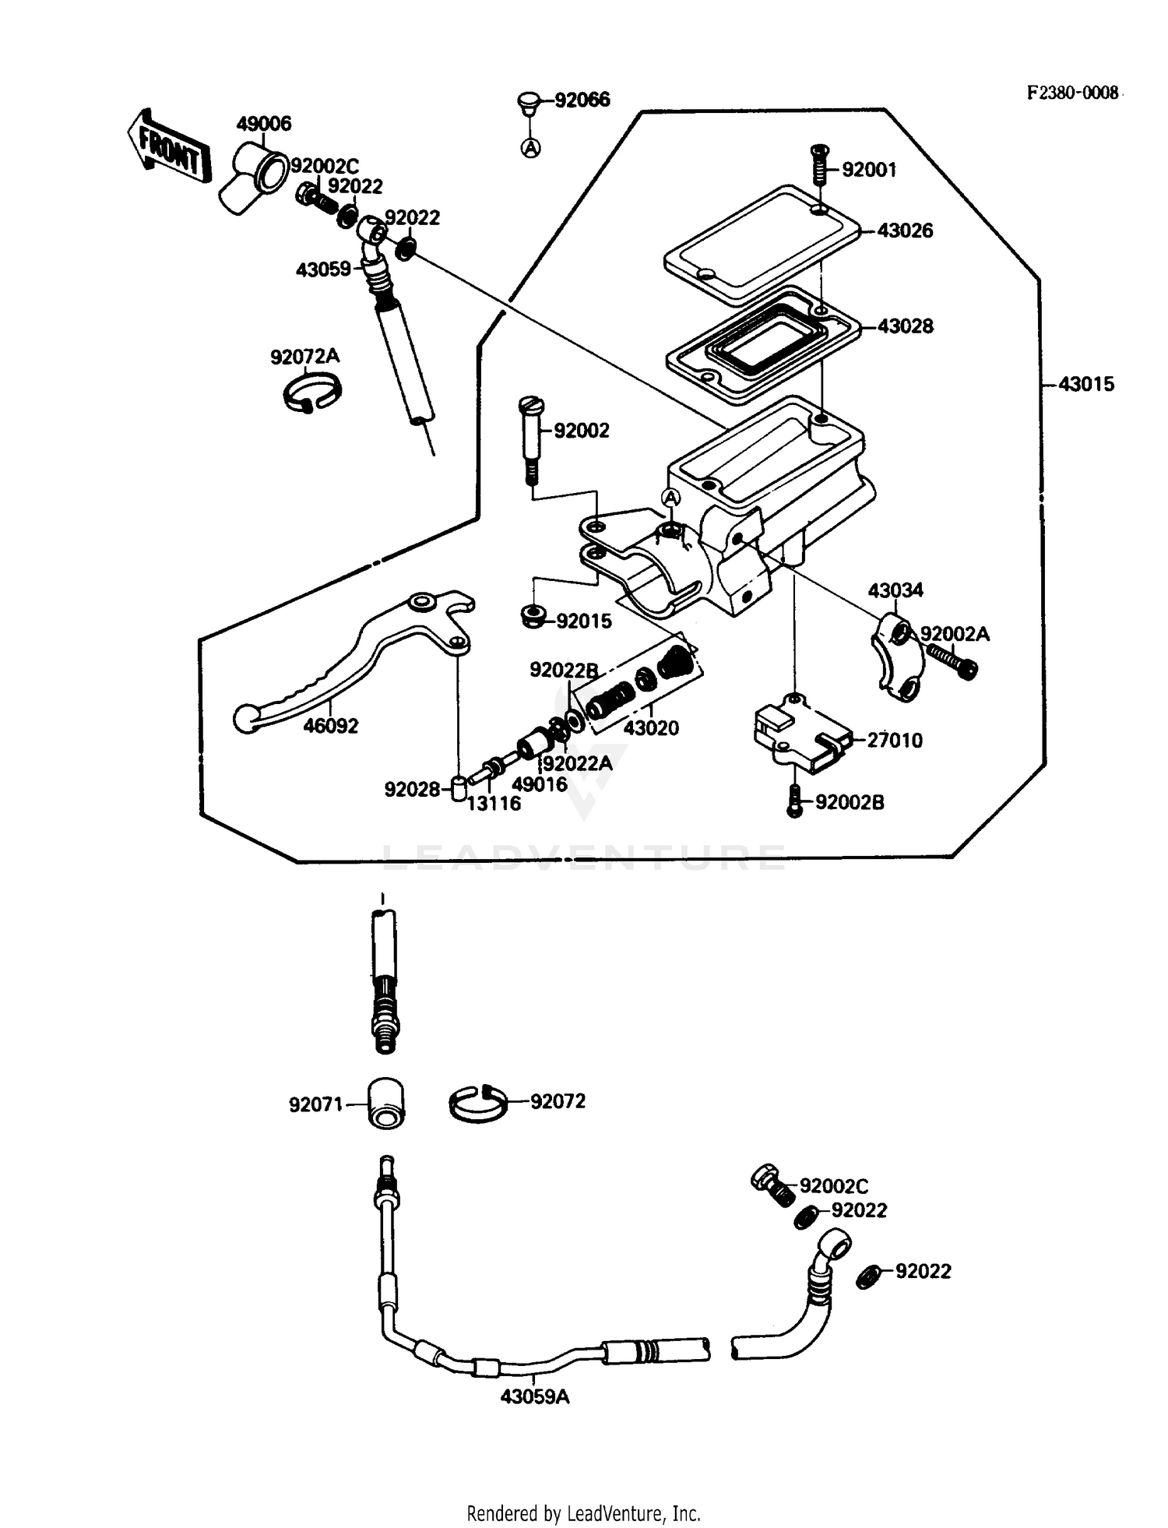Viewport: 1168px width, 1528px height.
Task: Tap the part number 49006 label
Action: click(x=263, y=124)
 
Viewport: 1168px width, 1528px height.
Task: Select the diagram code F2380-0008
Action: click(x=1072, y=93)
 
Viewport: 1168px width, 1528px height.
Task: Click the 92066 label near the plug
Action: click(x=582, y=100)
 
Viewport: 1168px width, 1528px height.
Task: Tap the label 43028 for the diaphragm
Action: click(x=905, y=326)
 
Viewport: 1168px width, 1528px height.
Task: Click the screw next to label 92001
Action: click(x=819, y=164)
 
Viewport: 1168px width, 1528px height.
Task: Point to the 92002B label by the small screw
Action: click(x=849, y=802)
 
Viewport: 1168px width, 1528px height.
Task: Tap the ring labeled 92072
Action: click(x=477, y=1104)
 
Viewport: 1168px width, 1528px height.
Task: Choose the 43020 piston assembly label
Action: click(x=651, y=728)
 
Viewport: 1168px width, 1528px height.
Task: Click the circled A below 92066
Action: click(x=531, y=147)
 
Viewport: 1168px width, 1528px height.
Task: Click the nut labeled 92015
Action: click(x=533, y=616)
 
